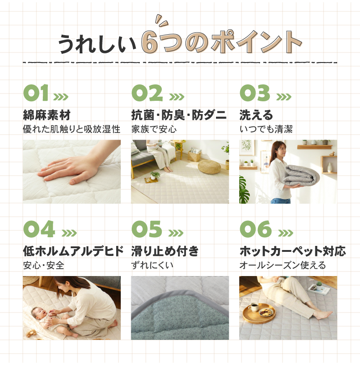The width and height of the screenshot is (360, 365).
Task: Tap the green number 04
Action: point(39,229)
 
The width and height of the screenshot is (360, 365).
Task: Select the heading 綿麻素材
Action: point(46,115)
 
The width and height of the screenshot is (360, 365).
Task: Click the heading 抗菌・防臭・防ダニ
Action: point(179,115)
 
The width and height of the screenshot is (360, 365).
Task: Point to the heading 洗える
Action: point(256,115)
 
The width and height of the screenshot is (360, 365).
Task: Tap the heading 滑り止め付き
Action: point(165,251)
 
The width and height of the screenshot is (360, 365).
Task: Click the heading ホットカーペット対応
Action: point(293,251)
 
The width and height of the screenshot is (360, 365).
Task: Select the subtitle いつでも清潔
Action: point(266,129)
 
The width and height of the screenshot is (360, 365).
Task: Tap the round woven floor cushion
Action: point(209,167)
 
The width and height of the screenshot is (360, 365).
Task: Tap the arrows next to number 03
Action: point(284,97)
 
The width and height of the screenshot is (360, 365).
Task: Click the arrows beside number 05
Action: point(176,233)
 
